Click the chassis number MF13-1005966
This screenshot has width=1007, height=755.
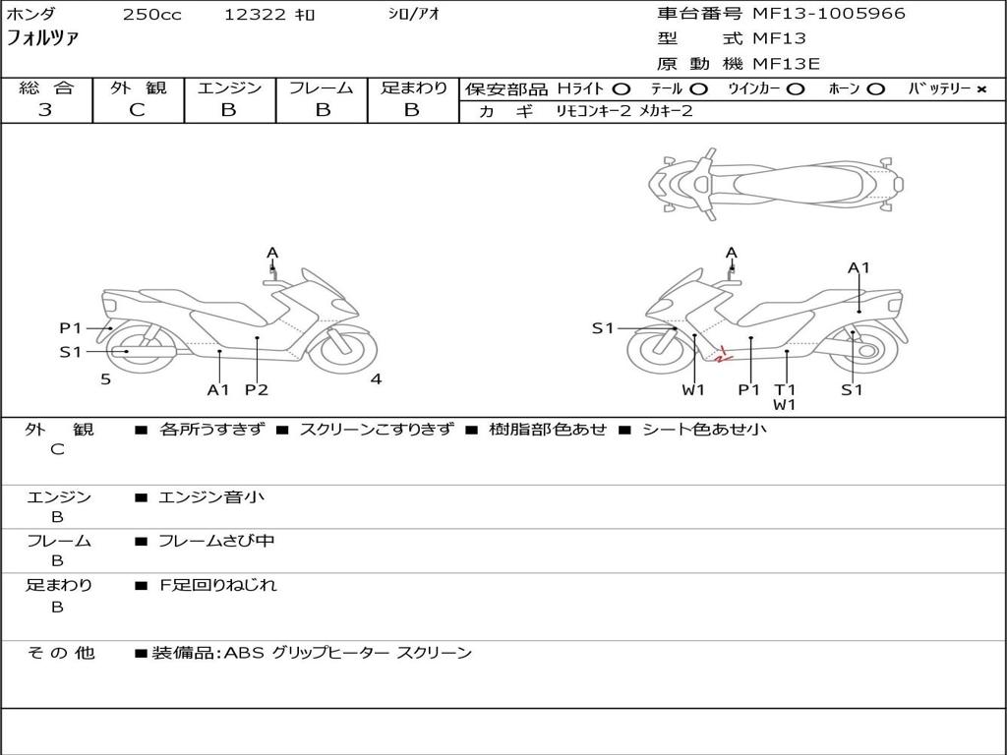[x=829, y=14]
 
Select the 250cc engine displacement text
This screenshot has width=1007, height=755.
[x=151, y=15]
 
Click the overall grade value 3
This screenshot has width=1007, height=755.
[x=45, y=110]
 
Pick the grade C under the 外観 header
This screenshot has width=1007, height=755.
[x=137, y=110]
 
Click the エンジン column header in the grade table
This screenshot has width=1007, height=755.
[x=229, y=88]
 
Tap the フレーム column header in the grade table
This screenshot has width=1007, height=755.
[x=321, y=88]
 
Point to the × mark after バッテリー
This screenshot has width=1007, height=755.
[x=980, y=89]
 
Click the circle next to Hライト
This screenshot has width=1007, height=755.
[x=621, y=89]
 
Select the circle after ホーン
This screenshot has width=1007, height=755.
[x=875, y=89]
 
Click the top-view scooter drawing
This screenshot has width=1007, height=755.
[x=776, y=183]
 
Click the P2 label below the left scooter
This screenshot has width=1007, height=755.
[x=257, y=389]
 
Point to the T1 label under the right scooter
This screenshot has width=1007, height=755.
[x=785, y=389]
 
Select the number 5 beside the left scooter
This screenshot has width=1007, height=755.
[x=105, y=378]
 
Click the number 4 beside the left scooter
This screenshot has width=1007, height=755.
[x=376, y=378]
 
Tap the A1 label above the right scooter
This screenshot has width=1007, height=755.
[x=859, y=267]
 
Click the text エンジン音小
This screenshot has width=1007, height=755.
[x=211, y=497]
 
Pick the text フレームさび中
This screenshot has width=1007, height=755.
[x=216, y=541]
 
